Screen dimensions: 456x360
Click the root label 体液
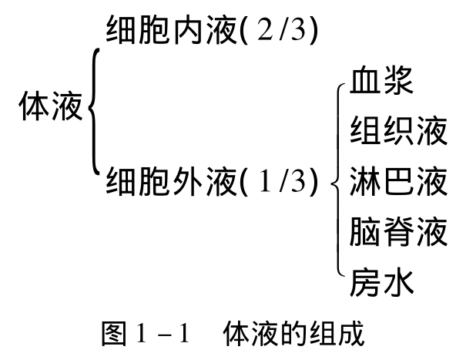(51, 106)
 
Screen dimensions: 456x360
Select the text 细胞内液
(171, 30)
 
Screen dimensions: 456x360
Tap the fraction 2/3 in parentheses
(279, 30)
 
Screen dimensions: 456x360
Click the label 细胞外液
(171, 181)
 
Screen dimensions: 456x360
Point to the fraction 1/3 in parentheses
(279, 181)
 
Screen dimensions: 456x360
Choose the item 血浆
(381, 79)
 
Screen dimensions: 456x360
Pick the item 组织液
(398, 130)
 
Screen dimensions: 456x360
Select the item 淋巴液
(398, 181)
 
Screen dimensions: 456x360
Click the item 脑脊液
(398, 231)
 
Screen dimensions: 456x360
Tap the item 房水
(381, 282)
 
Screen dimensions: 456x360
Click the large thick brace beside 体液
(94, 112)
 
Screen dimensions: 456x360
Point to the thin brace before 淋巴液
(338, 180)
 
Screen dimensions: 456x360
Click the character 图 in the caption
(114, 334)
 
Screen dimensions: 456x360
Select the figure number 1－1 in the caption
(163, 334)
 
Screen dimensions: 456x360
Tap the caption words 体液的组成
(293, 334)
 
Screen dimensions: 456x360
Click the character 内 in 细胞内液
(188, 30)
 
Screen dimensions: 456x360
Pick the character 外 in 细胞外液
(188, 181)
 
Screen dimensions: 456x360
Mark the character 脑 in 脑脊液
(364, 231)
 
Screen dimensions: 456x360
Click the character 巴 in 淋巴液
(398, 181)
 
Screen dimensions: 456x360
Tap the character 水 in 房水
(398, 282)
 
